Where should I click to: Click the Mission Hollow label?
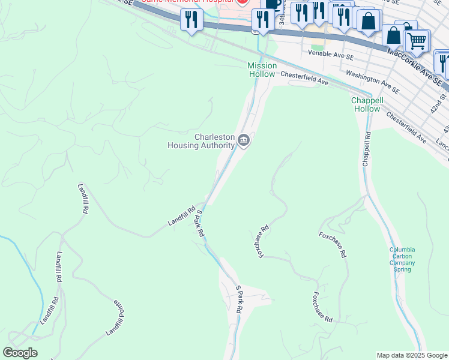click(262, 70)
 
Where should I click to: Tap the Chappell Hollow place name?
click(367, 104)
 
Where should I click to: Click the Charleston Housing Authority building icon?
click(244, 141)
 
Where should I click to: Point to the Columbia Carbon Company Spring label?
click(402, 259)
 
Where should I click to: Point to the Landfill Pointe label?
click(116, 317)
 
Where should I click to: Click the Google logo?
click(20, 353)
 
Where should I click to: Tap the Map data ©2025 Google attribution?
click(411, 355)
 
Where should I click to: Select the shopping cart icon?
click(417, 41)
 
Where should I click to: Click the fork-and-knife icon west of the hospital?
click(191, 20)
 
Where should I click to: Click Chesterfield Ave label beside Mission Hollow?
click(304, 79)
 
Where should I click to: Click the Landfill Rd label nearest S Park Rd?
click(181, 216)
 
